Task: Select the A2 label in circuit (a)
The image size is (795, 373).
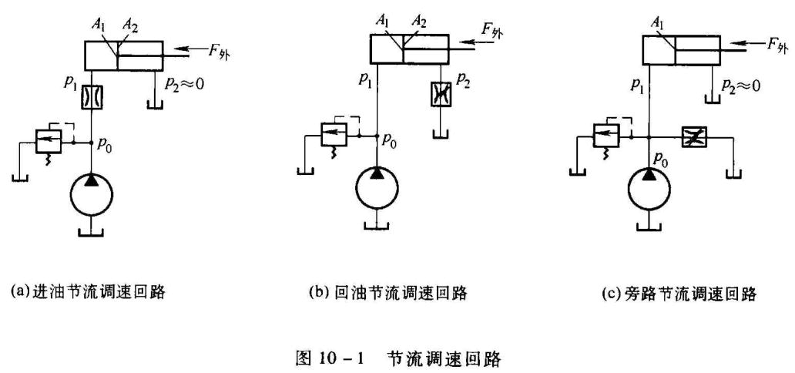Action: click(131, 29)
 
